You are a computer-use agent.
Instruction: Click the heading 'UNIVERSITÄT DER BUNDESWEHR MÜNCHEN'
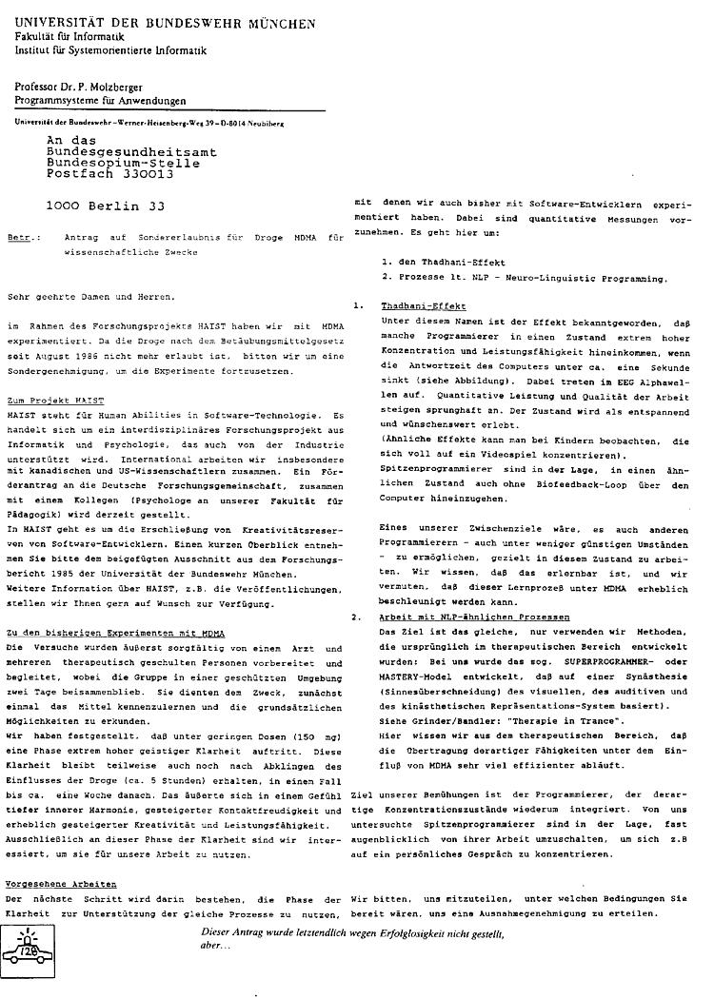(x=167, y=22)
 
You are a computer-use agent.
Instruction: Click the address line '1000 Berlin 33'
(x=105, y=204)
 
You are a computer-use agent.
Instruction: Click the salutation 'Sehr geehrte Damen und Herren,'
(x=90, y=297)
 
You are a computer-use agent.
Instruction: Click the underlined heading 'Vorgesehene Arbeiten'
(x=59, y=884)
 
